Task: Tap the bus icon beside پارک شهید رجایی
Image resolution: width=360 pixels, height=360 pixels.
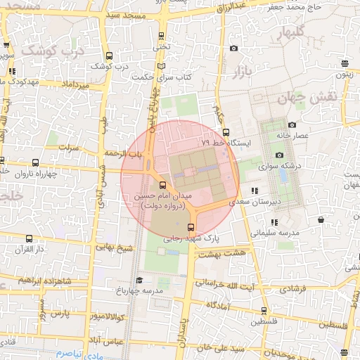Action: click(191, 227)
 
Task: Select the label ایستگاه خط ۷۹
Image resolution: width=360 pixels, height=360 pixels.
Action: click(222, 143)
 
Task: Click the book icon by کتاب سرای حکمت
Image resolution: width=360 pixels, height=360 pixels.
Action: click(162, 66)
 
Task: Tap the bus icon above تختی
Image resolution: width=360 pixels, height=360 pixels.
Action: click(161, 36)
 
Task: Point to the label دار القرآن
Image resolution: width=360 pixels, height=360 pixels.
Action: click(30, 249)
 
